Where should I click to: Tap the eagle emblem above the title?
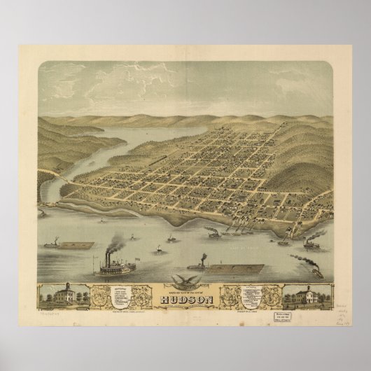click(x=185, y=281)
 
